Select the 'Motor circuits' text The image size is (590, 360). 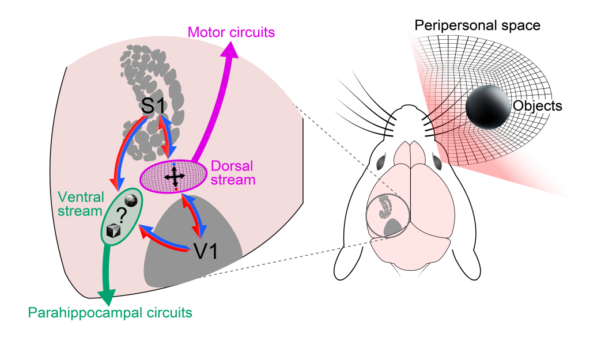click(232, 32)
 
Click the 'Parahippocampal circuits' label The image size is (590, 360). click(110, 313)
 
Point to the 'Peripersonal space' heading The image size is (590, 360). click(476, 26)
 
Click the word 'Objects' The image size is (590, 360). click(537, 106)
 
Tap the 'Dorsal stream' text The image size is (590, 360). click(232, 173)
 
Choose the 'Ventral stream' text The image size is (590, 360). click(80, 204)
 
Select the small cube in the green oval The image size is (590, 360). click(114, 232)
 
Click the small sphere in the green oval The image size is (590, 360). click(132, 199)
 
